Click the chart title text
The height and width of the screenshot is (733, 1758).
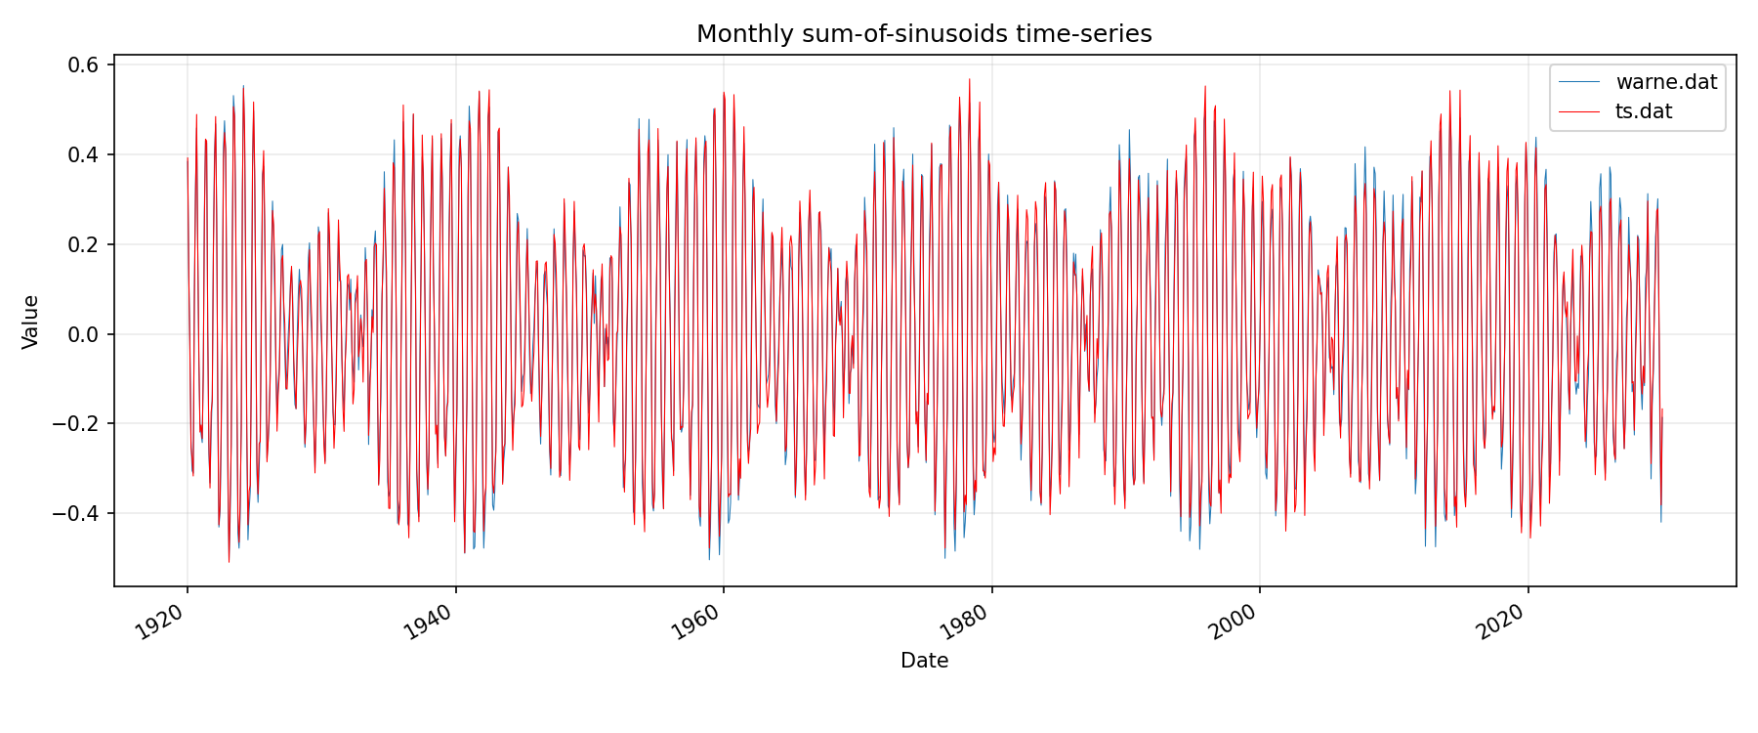click(924, 34)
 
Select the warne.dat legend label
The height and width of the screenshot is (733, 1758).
click(1666, 82)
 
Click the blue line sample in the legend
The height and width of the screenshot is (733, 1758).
click(1579, 82)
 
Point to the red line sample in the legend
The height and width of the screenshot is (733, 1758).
click(1579, 111)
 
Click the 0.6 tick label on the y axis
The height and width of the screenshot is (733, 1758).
click(84, 65)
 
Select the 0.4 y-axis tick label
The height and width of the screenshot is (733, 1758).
click(84, 154)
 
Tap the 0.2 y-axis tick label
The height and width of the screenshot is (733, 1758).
click(84, 244)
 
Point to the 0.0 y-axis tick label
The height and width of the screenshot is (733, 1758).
click(84, 334)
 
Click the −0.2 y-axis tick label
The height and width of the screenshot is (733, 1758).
click(78, 424)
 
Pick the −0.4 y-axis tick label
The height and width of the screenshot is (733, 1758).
click(78, 513)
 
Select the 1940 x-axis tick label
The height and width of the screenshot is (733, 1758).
click(431, 623)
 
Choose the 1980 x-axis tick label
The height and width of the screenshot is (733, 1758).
click(967, 623)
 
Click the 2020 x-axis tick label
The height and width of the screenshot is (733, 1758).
click(1503, 623)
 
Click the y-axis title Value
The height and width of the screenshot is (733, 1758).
click(31, 322)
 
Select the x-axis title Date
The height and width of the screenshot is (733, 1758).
click(924, 661)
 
